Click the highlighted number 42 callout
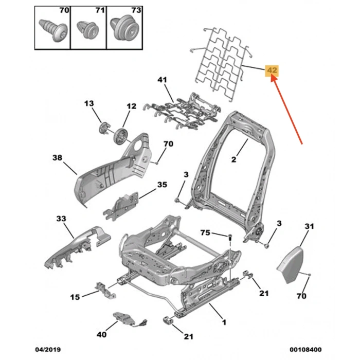tap(271, 70)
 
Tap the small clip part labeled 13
tap(104, 126)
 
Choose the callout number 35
tap(163, 185)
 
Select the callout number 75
tap(205, 233)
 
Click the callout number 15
tap(75, 297)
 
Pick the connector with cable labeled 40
tap(125, 319)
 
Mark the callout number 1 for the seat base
tap(224, 322)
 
